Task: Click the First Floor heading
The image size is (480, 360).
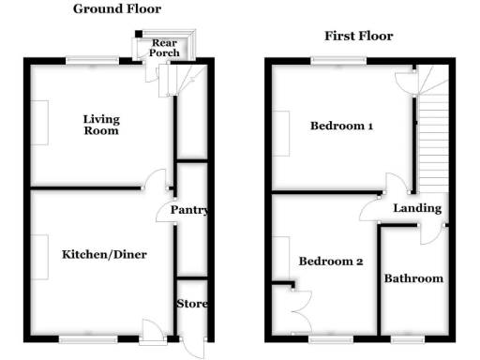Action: (x=358, y=37)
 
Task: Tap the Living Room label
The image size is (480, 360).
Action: (x=100, y=125)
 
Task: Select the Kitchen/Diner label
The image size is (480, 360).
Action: (x=104, y=255)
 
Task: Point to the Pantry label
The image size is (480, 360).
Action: (x=188, y=211)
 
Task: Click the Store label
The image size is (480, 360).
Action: (x=192, y=304)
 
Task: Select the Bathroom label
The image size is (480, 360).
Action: (x=413, y=278)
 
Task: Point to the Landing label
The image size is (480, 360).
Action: (x=412, y=208)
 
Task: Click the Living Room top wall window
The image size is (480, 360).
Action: (x=92, y=62)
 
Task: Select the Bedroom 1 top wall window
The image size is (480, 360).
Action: (x=339, y=62)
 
